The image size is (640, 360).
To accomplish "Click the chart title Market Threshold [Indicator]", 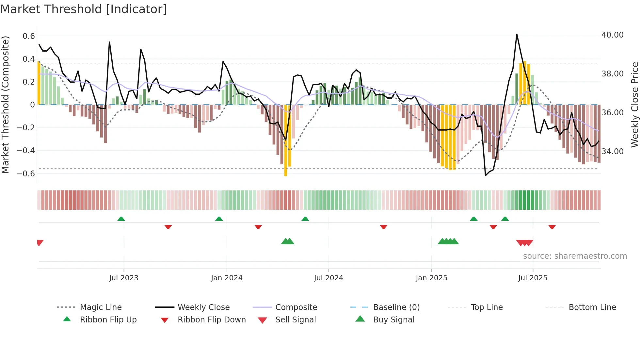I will [84, 9].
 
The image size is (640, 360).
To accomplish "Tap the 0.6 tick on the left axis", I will [29, 36].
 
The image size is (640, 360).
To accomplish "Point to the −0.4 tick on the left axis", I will [26, 151].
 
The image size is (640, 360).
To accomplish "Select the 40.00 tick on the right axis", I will [612, 35].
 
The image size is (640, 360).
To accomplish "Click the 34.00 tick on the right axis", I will [612, 152].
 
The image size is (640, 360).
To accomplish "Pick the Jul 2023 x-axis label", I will [124, 278].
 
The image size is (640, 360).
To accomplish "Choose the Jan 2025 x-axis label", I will [431, 278].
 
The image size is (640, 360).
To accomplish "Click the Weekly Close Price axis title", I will [634, 105].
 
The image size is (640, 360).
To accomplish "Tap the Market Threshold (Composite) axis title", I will [5, 105].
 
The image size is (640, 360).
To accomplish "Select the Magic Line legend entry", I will [101, 307].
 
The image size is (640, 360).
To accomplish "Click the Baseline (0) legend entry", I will [396, 307].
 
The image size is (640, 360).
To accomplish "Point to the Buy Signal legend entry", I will [393, 320].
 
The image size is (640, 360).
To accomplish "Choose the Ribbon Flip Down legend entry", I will [211, 320].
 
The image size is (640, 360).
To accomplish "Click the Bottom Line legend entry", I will [592, 307].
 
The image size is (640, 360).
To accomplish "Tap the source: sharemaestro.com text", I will [575, 256].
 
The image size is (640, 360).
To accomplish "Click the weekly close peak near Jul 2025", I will [517, 34].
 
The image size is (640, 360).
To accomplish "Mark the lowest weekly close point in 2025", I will [486, 175].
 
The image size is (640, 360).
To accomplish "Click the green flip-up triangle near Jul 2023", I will [121, 219].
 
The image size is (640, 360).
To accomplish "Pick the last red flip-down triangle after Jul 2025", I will [552, 227].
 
